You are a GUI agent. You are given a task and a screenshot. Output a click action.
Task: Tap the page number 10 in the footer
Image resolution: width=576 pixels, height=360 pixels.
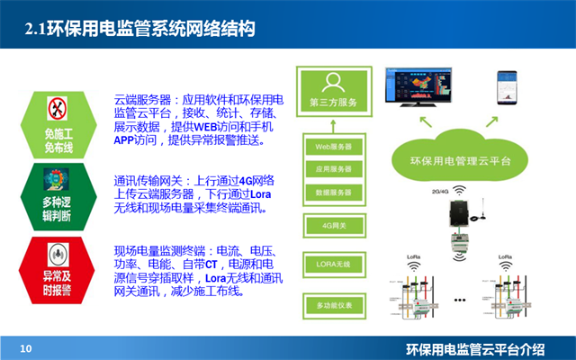26,347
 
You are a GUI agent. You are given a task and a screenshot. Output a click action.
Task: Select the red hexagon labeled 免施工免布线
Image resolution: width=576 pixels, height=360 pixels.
58,121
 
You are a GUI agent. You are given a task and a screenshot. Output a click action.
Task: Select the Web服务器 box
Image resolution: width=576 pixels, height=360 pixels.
332,145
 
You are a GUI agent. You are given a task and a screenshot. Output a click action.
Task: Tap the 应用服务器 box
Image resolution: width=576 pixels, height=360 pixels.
332,168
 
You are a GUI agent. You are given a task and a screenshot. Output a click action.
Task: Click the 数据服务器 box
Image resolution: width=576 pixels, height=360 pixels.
332,192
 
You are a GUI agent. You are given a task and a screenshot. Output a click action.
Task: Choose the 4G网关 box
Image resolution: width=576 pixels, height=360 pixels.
332,224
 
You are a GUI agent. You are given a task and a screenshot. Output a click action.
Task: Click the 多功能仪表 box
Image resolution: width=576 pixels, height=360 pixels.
332,306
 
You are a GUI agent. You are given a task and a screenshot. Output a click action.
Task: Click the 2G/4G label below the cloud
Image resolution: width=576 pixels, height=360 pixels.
442,193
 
